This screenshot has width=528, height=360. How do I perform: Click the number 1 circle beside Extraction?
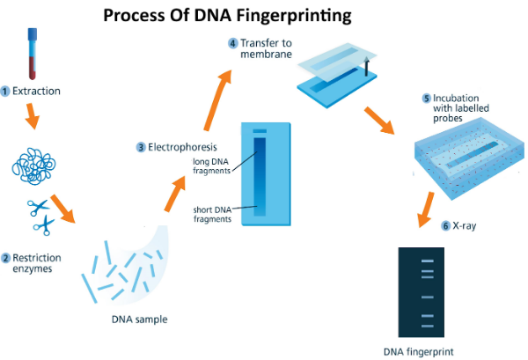(5, 91)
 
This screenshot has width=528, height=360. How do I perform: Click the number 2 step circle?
(5, 258)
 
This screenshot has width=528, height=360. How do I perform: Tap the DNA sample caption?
(139, 319)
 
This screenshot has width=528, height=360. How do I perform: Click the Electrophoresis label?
(181, 146)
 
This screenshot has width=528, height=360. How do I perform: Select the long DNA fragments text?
(212, 165)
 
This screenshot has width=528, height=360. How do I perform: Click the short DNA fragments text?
(212, 214)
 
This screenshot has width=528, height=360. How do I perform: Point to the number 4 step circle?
(232, 42)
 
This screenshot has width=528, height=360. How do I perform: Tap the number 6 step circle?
(446, 226)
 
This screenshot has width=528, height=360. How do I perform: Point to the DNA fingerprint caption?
(419, 352)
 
